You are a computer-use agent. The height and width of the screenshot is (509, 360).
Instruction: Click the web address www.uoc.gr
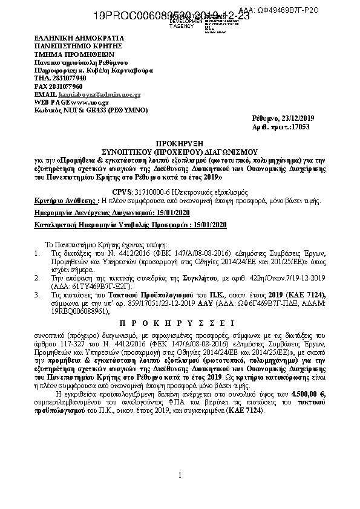(x=82, y=103)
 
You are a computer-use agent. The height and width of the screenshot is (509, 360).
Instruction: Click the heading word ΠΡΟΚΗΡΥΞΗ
(x=180, y=146)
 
